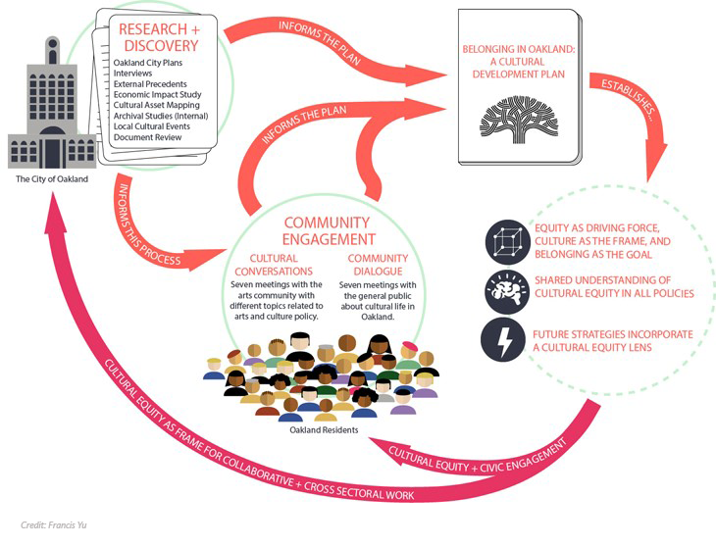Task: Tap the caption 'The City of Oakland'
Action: pos(51,178)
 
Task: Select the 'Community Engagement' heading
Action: pos(327,230)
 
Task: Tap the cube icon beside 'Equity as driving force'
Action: pos(506,241)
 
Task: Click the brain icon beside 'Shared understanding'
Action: pos(506,290)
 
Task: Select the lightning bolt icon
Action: pos(506,340)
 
